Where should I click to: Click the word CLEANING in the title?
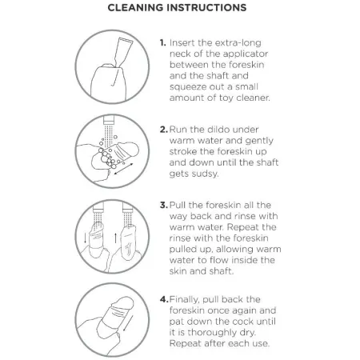(x=135, y=7)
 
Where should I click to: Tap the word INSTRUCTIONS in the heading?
(x=206, y=7)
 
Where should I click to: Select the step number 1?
(x=162, y=42)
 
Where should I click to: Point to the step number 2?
(x=164, y=130)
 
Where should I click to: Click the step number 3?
(x=164, y=205)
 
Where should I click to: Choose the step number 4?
(x=164, y=299)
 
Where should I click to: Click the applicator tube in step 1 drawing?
(x=122, y=52)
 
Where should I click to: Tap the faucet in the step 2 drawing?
(x=109, y=120)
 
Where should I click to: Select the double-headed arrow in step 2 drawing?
(x=123, y=169)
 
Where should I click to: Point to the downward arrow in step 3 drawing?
(x=85, y=238)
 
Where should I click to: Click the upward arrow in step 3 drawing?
(x=115, y=238)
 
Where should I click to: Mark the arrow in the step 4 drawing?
(x=128, y=323)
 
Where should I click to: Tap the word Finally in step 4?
(x=184, y=300)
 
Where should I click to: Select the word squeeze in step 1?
(x=187, y=87)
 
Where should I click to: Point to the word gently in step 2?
(x=259, y=141)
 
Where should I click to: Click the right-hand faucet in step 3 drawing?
(x=128, y=206)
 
